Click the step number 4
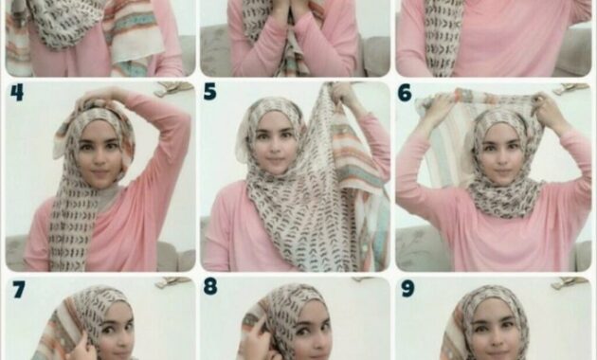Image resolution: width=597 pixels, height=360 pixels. pos(17,93)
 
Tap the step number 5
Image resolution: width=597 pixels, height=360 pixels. pos(209,92)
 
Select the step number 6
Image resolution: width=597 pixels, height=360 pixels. pos(405,93)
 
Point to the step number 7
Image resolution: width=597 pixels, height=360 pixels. pos(19,290)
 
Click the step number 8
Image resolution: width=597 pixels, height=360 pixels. pos(210,286)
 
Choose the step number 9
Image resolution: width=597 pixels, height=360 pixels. pos(407,289)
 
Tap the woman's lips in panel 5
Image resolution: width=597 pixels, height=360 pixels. pos(275,160)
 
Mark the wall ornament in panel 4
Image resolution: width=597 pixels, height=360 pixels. pos(173,87)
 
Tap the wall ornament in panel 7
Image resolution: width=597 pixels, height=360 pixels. pos(174,282)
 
